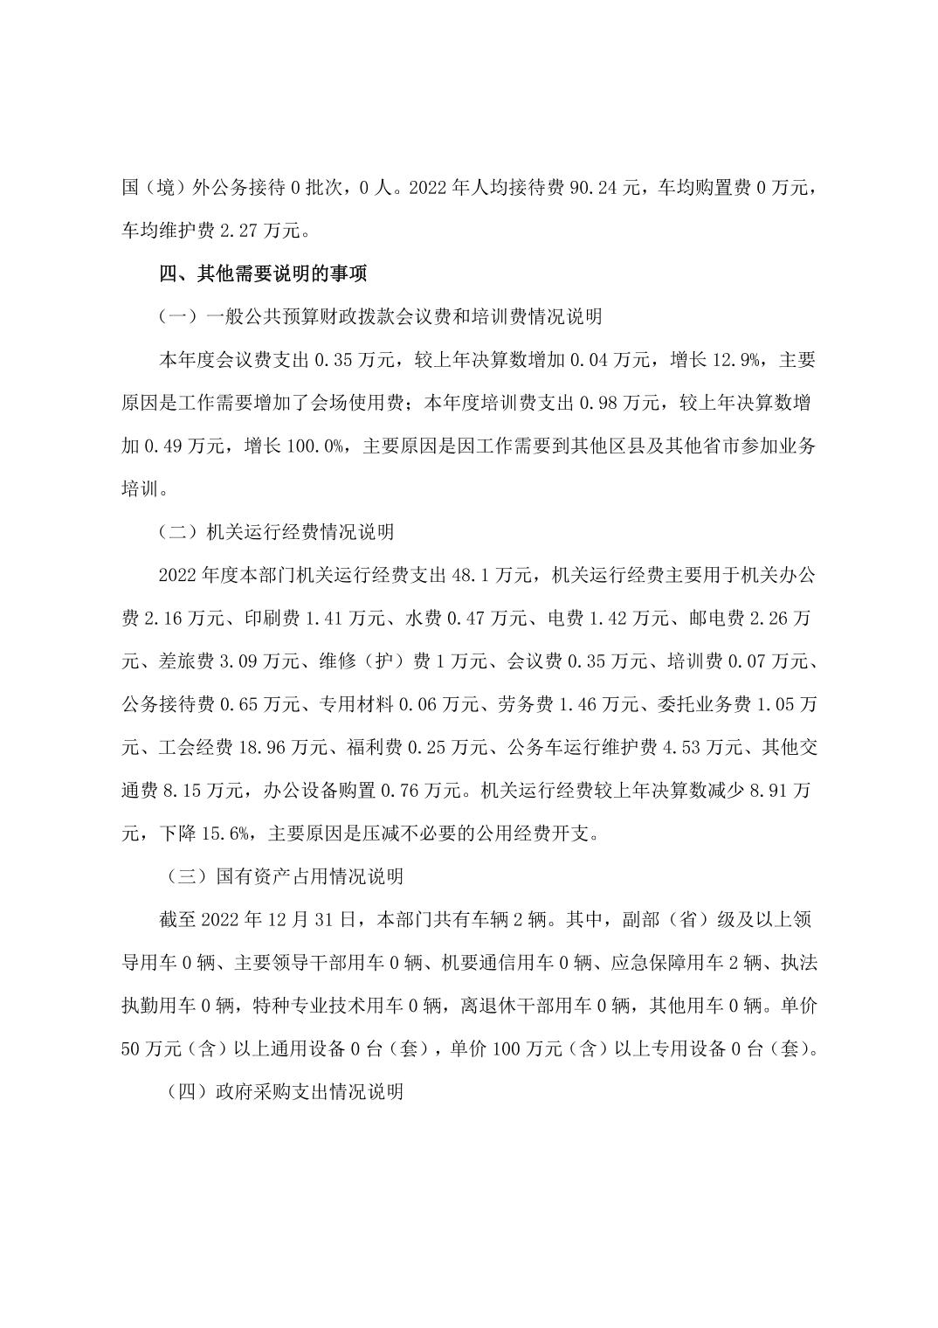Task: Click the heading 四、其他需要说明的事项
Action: pyautogui.click(x=263, y=273)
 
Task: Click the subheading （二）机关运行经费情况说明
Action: pyautogui.click(x=276, y=531)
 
